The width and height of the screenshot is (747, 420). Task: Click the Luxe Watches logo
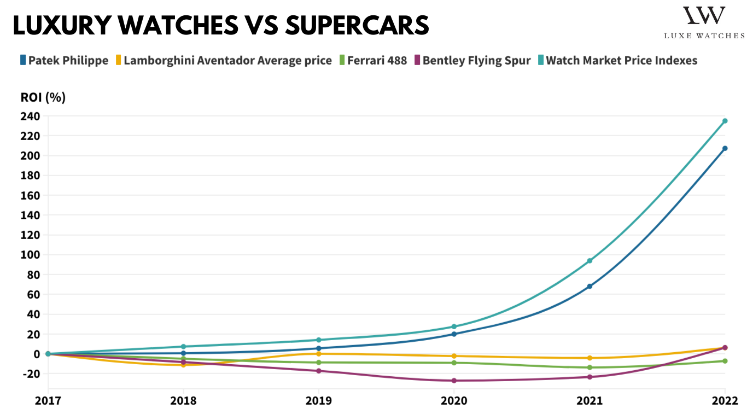[704, 22]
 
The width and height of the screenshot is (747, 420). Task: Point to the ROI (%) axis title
[43, 97]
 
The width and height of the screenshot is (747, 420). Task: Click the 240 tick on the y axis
[31, 116]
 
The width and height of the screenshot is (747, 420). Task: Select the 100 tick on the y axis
[31, 255]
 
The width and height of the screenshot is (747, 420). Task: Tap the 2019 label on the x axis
[318, 401]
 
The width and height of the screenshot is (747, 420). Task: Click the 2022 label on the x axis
[725, 401]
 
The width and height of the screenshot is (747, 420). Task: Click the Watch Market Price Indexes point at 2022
[725, 121]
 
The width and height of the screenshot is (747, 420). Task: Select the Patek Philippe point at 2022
[725, 148]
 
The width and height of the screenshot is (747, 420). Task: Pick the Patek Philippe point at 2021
[590, 286]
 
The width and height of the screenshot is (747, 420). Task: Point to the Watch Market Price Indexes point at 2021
[590, 261]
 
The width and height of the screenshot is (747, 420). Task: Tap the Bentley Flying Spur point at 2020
[454, 381]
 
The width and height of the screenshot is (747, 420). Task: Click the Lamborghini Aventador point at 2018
[183, 365]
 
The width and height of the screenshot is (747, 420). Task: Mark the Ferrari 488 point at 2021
[590, 367]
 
